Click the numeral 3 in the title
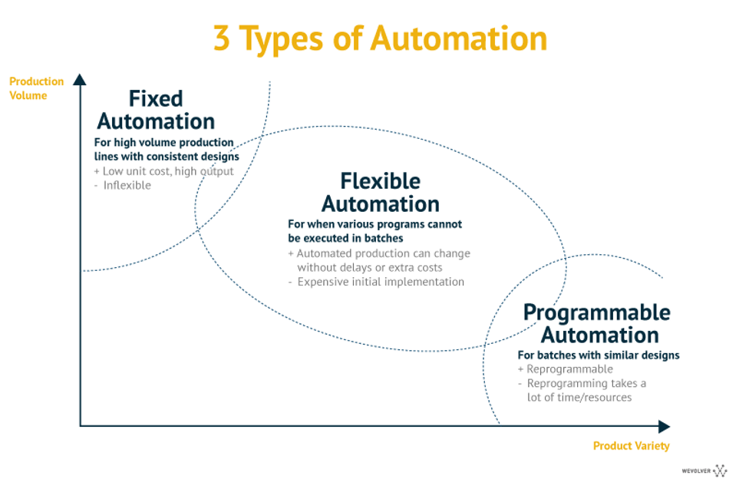[221, 38]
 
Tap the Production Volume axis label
[36, 88]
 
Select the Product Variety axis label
[632, 445]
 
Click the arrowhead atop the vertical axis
[80, 80]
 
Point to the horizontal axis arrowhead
[664, 426]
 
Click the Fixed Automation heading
[156, 111]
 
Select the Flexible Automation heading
[381, 192]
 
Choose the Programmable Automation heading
[597, 323]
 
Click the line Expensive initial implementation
[376, 282]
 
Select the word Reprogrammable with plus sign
[566, 369]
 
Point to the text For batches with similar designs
[599, 355]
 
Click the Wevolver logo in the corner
[704, 471]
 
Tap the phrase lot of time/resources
[579, 397]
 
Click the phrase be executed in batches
[345, 238]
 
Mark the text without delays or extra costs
[370, 267]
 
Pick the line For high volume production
[163, 142]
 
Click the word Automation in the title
[458, 38]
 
